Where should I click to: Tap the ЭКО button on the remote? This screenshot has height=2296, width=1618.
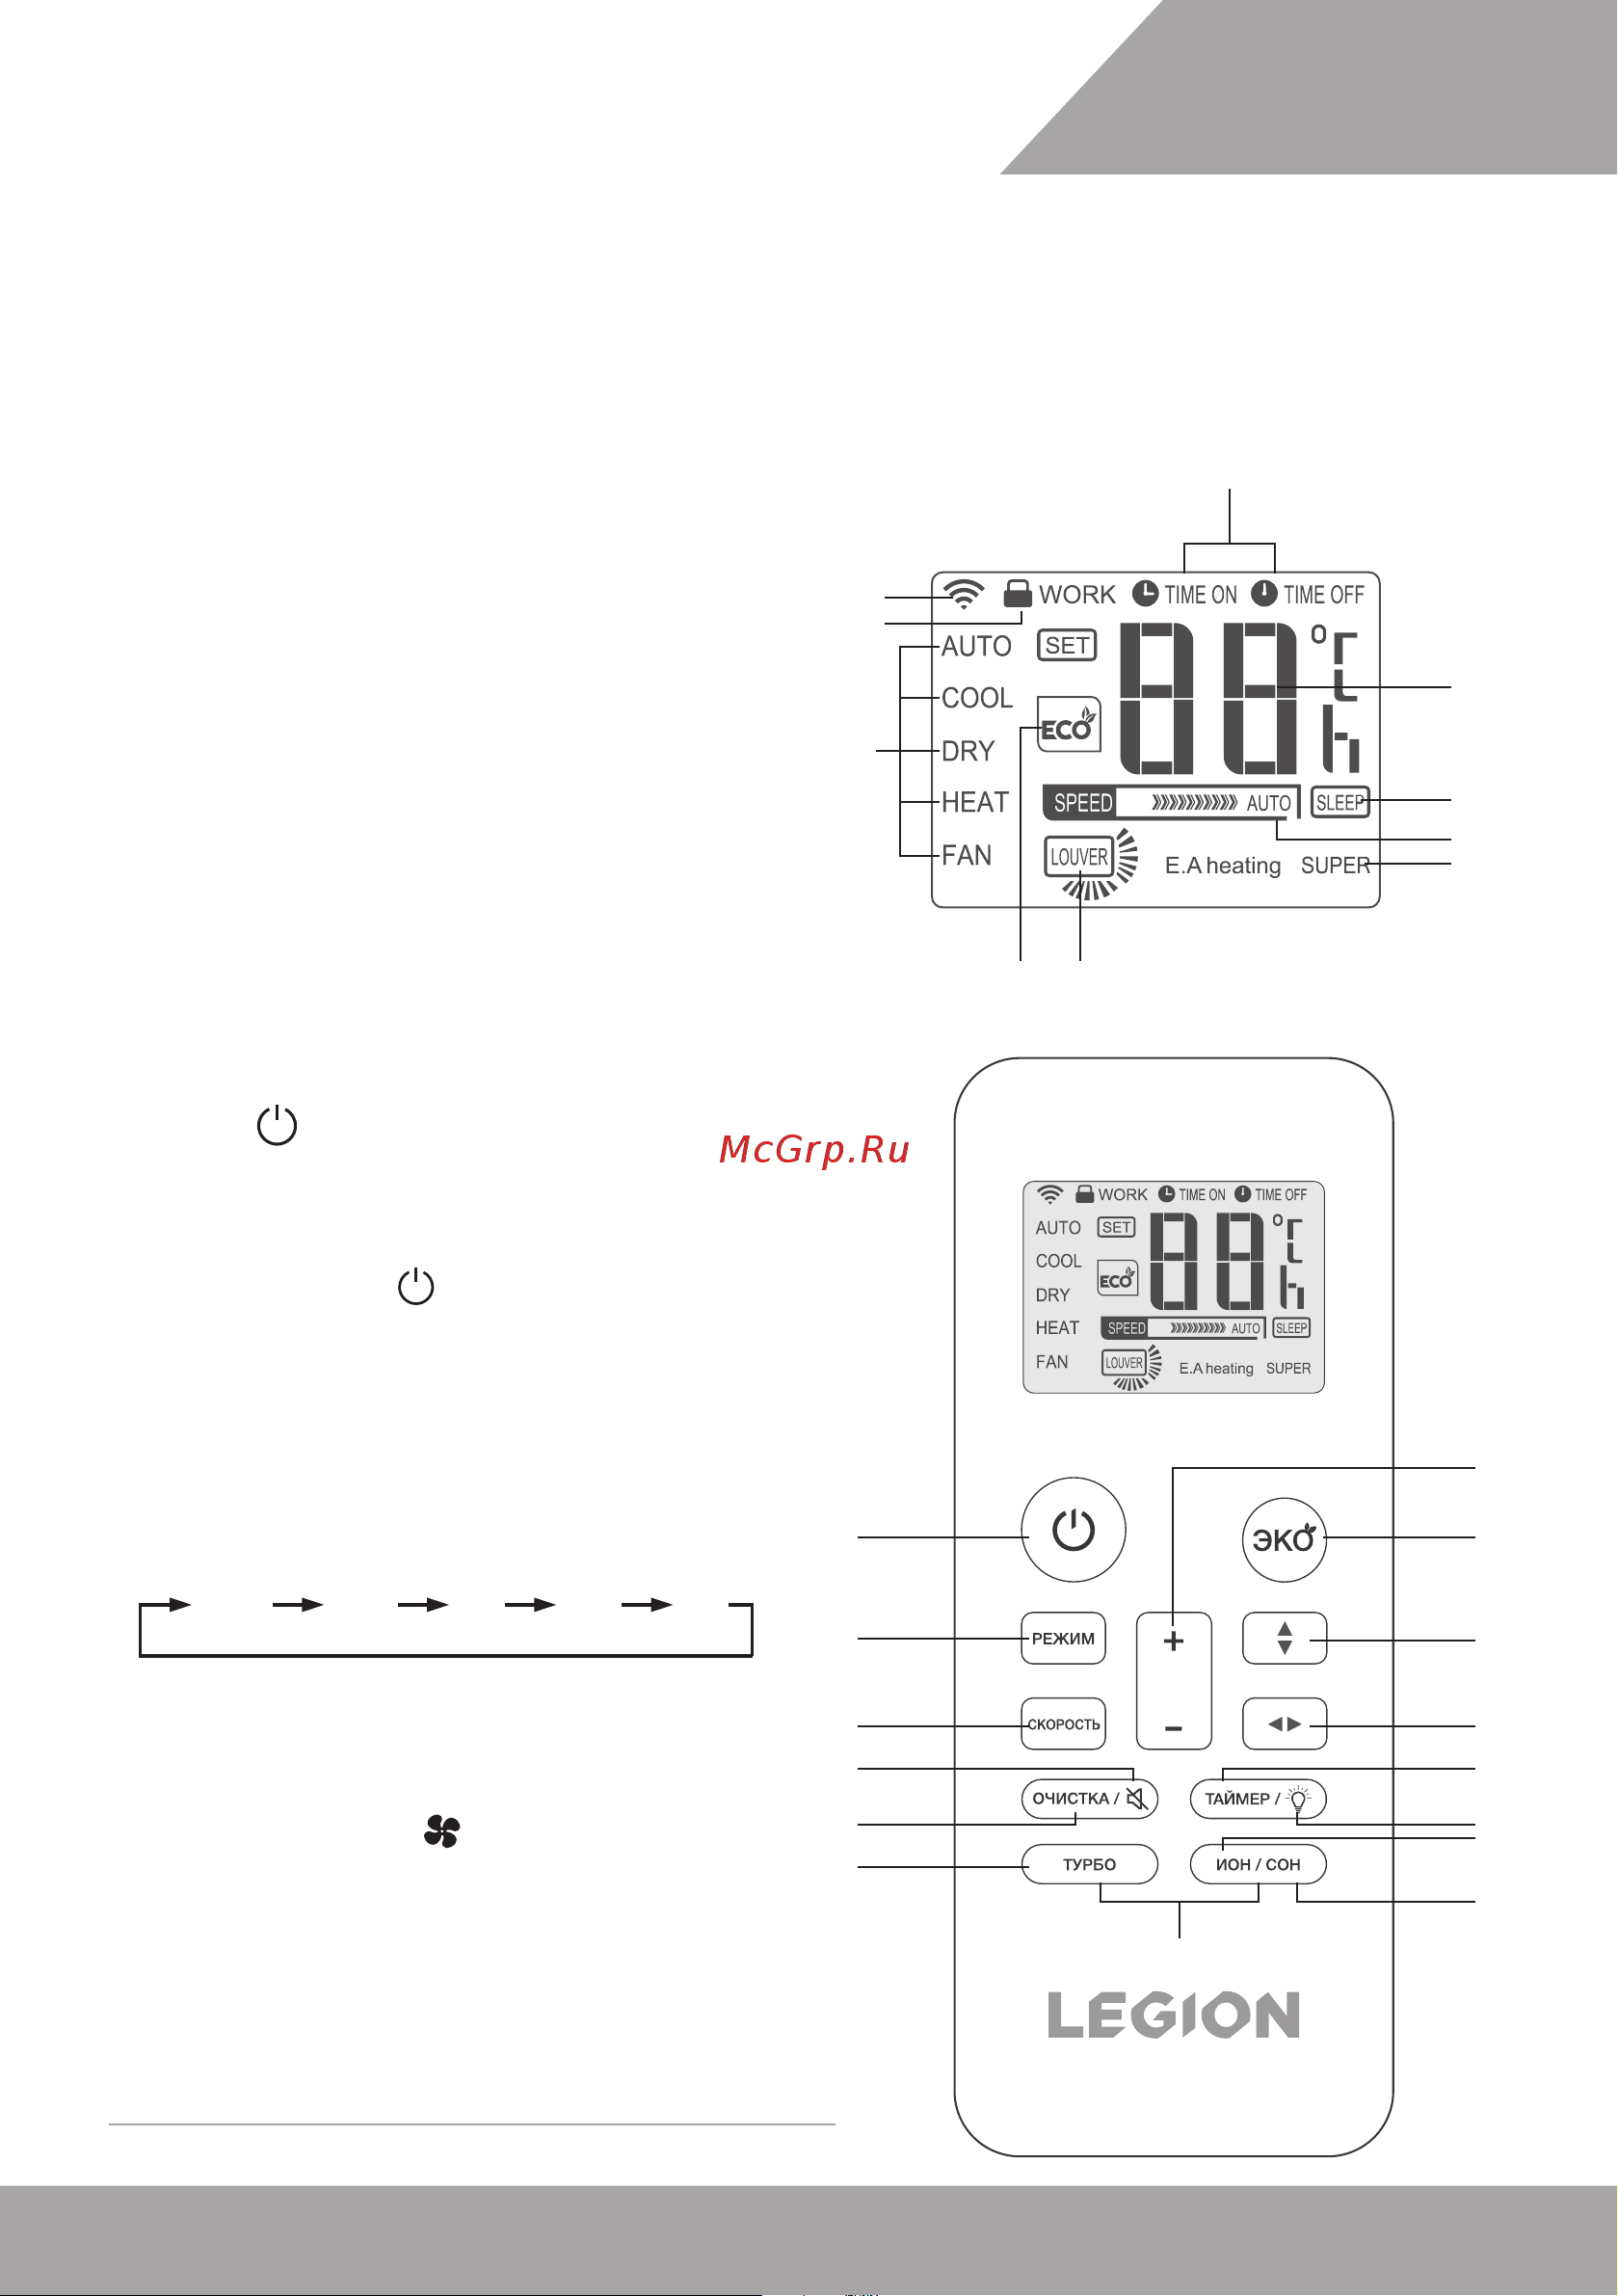click(x=1283, y=1539)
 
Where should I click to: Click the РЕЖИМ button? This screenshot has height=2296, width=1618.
click(x=1062, y=1638)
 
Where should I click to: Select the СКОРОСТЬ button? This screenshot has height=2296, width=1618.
click(x=1062, y=1724)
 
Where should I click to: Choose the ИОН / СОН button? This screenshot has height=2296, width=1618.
click(x=1257, y=1864)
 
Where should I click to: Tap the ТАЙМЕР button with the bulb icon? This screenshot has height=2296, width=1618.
click(x=1257, y=1798)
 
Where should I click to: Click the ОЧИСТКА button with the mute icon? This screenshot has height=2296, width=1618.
click(x=1088, y=1798)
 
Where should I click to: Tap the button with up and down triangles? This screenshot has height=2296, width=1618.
click(x=1284, y=1638)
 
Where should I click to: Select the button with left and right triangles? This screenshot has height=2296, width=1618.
click(x=1284, y=1724)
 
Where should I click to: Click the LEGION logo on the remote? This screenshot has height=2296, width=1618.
click(x=1173, y=2014)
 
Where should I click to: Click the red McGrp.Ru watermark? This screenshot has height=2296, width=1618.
click(x=814, y=1150)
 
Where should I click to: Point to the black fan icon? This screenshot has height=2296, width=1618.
click(x=441, y=1831)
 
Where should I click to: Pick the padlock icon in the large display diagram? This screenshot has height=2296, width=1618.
click(x=1017, y=593)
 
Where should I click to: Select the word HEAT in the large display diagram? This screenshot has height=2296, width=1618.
click(x=975, y=802)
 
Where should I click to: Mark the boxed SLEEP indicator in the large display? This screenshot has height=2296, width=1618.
click(x=1339, y=802)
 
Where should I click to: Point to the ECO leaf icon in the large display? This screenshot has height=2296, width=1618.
click(x=1068, y=725)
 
